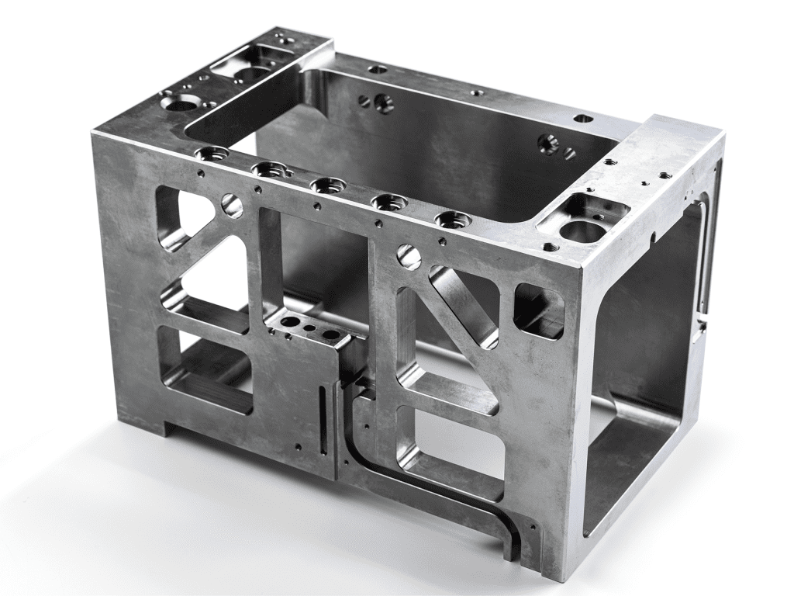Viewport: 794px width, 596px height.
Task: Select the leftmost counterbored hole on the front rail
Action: (211, 153)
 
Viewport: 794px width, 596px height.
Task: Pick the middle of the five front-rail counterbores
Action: (328, 185)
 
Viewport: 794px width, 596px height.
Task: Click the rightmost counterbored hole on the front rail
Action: (451, 220)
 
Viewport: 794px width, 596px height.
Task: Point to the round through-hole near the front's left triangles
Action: (232, 205)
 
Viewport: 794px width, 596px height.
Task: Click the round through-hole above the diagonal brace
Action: (409, 257)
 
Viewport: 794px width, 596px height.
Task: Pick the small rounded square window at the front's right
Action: (539, 310)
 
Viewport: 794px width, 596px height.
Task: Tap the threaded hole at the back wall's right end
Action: (549, 142)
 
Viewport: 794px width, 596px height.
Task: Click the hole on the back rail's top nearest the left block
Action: (378, 69)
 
